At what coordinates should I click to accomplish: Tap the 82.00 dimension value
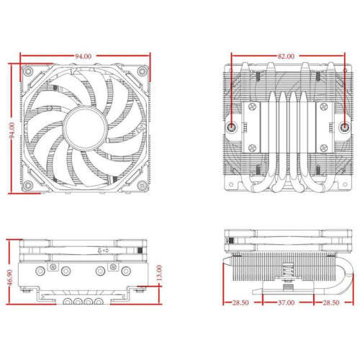pyautogui.click(x=286, y=55)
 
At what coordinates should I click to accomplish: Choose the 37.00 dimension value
pyautogui.click(x=286, y=303)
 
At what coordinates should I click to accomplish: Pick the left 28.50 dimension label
pyautogui.click(x=240, y=303)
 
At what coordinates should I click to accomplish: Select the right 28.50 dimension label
pyautogui.click(x=332, y=303)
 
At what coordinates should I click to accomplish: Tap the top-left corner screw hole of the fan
pyautogui.click(x=29, y=73)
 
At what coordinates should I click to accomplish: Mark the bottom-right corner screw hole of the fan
pyautogui.click(x=141, y=186)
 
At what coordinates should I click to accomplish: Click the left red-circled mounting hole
pyautogui.click(x=232, y=127)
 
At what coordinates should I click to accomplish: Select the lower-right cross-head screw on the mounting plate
pyautogui.click(x=323, y=147)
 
